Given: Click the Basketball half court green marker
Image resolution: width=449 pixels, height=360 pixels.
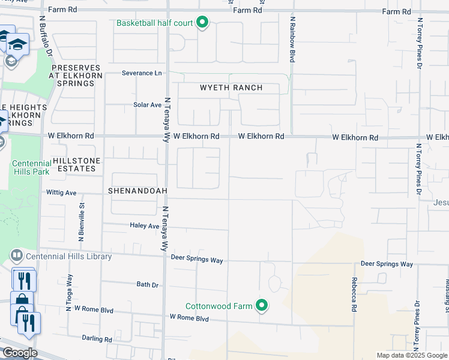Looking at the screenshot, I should (202, 23).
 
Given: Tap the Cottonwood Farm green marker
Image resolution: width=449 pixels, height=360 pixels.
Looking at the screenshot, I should (261, 306).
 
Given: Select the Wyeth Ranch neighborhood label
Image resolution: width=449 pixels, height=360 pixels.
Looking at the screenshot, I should (231, 88).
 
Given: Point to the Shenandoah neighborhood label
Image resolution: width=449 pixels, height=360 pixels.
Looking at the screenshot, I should (137, 190).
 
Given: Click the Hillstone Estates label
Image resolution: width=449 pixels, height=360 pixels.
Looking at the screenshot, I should (74, 165).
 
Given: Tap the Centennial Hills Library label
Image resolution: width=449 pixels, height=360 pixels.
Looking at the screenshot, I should (68, 256).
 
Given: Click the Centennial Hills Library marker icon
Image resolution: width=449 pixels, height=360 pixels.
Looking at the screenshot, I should (16, 256).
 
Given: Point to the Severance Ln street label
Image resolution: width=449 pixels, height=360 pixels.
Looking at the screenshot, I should (142, 73).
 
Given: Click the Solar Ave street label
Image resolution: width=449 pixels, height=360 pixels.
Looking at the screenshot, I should (148, 104).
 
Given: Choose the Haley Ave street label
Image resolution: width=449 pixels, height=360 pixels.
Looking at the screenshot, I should (144, 226).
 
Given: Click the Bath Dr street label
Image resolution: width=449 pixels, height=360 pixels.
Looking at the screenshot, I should (147, 284).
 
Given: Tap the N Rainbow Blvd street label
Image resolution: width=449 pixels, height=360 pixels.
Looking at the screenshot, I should (292, 40).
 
